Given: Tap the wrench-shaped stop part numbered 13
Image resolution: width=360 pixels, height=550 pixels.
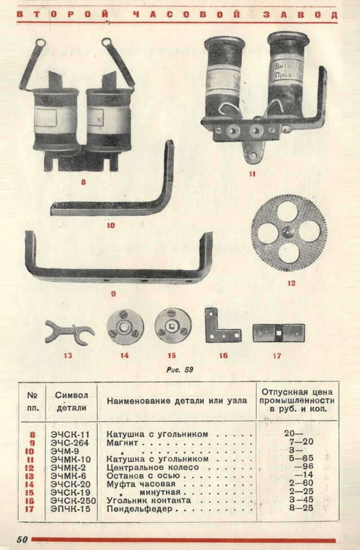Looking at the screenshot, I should [x=68, y=331].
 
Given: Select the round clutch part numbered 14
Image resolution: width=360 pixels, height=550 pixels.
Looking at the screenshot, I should [x=125, y=327].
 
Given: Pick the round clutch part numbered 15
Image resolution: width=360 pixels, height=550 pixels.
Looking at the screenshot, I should [x=173, y=327].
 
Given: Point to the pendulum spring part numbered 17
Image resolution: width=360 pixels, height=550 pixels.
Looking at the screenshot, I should [x=278, y=332].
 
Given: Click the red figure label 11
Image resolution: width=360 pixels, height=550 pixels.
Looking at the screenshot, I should [x=252, y=174].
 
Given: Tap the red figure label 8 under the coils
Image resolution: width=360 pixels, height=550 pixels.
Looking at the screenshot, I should [x=84, y=182].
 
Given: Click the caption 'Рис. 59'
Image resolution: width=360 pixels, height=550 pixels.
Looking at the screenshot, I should [x=179, y=370].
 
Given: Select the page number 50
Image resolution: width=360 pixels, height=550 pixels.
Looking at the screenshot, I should [x=22, y=539].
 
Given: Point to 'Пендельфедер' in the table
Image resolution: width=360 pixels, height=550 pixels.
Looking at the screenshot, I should [x=141, y=509].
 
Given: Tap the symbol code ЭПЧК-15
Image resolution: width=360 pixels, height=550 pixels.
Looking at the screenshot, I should [x=71, y=509].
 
